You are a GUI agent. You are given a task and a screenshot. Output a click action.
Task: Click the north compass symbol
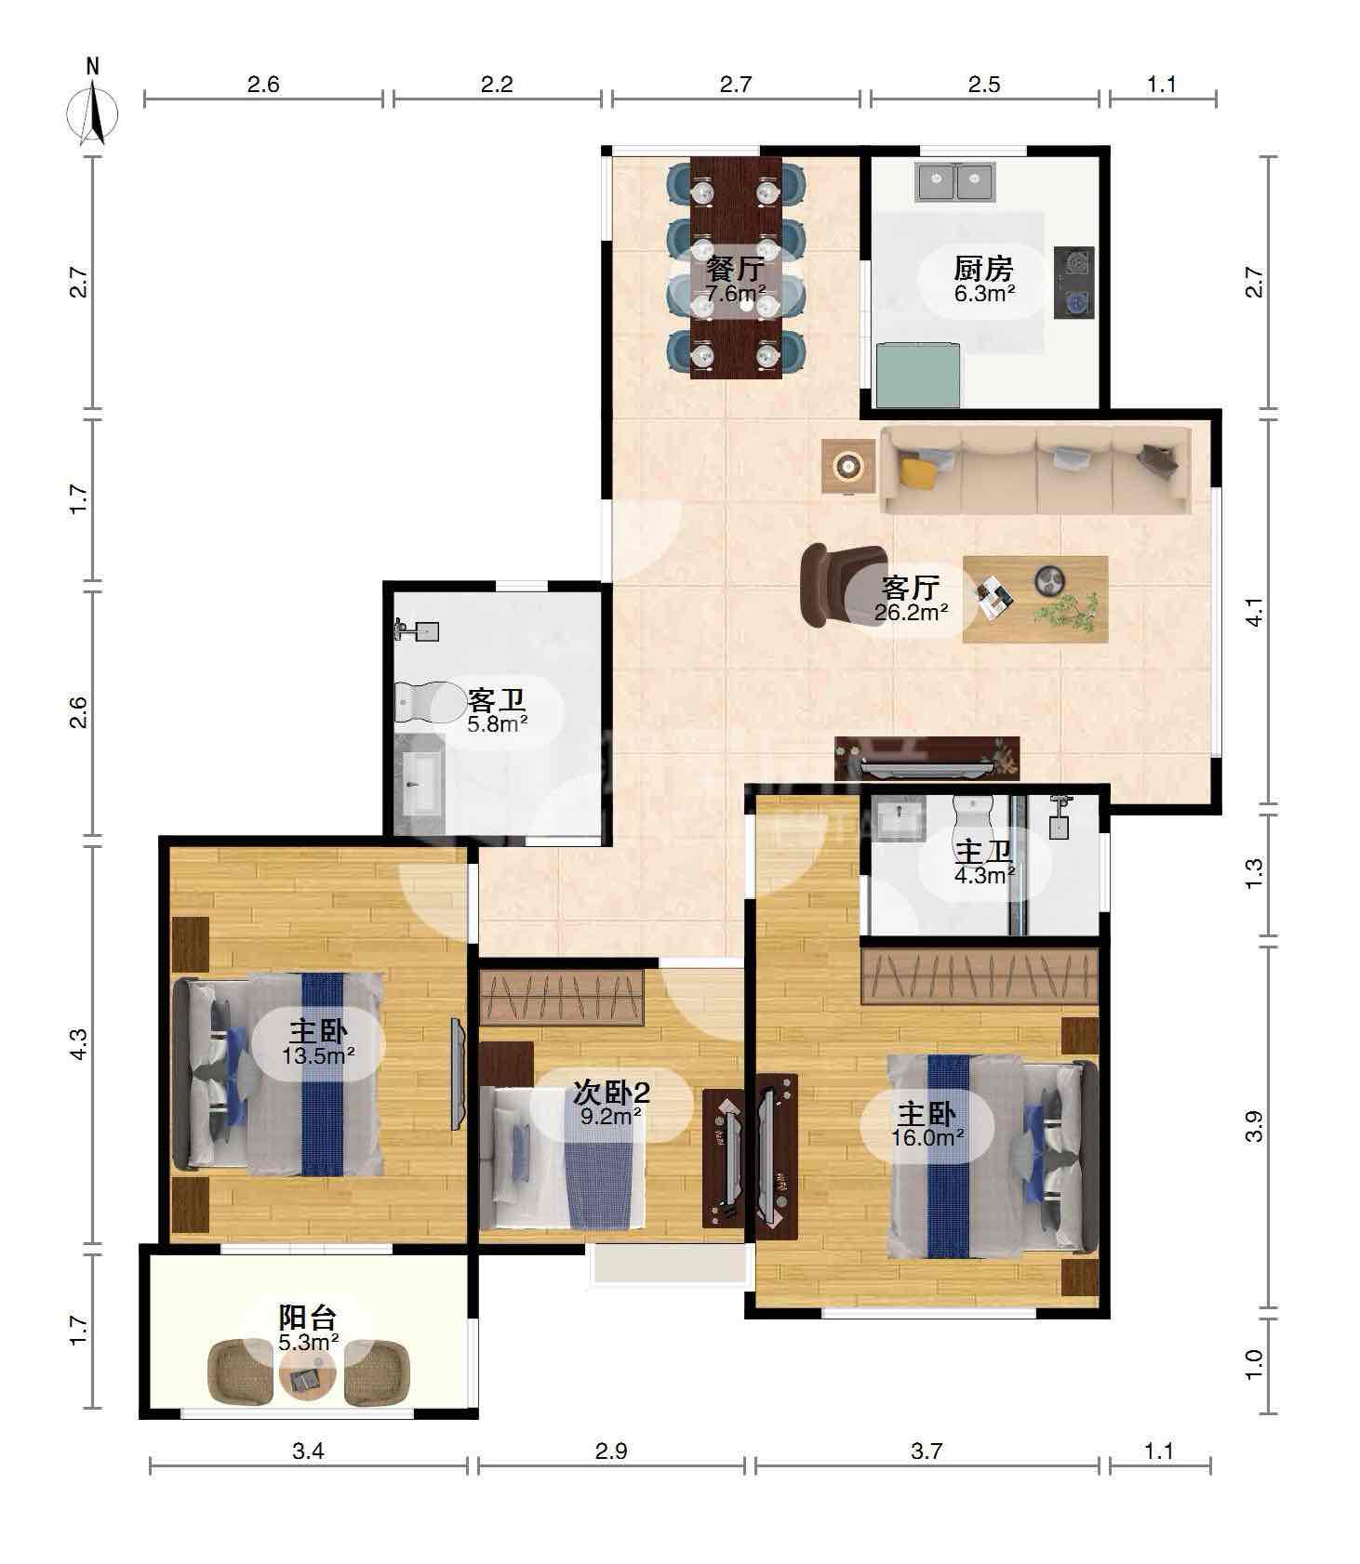click(x=92, y=110)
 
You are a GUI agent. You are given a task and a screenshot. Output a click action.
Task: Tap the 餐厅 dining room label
click(x=735, y=270)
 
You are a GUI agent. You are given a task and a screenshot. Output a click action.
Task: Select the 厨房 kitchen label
click(x=983, y=269)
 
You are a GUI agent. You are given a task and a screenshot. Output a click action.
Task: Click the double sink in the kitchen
click(x=955, y=181)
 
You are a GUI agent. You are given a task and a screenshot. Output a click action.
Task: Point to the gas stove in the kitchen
click(x=1074, y=283)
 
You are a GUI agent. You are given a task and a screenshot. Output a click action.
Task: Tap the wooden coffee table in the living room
click(x=1035, y=599)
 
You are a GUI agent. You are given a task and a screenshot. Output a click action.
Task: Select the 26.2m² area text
click(x=911, y=612)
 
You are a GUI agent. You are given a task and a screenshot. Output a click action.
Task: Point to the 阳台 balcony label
click(x=308, y=1318)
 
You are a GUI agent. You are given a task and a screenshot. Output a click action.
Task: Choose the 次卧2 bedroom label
click(x=611, y=1093)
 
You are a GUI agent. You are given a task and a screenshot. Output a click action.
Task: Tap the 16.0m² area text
click(x=927, y=1136)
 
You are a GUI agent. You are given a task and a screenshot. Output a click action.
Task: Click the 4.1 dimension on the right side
click(x=1254, y=613)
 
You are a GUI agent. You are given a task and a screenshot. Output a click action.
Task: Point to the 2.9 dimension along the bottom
click(x=610, y=1451)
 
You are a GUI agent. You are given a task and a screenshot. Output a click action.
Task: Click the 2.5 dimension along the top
click(x=983, y=85)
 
